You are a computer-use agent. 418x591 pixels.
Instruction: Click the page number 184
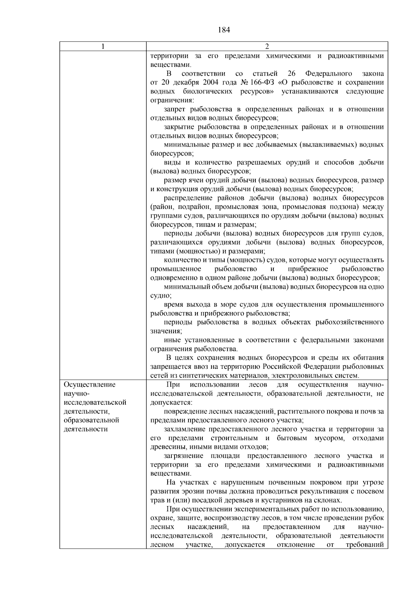224,30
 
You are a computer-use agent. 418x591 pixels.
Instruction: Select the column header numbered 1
103,47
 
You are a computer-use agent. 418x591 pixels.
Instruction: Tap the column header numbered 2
267,47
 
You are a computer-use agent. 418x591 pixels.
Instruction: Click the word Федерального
328,73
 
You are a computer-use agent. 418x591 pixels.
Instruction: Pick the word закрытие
178,127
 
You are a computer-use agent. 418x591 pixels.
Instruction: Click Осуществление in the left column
89,384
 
